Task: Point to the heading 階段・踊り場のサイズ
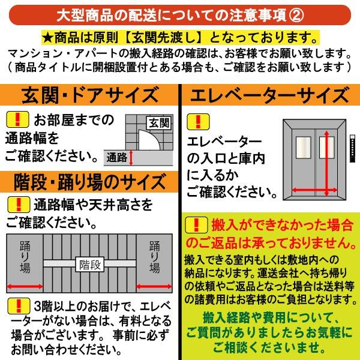coord(90,181)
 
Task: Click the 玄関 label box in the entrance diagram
coord(158,123)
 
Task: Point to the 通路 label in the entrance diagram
coord(116,158)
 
